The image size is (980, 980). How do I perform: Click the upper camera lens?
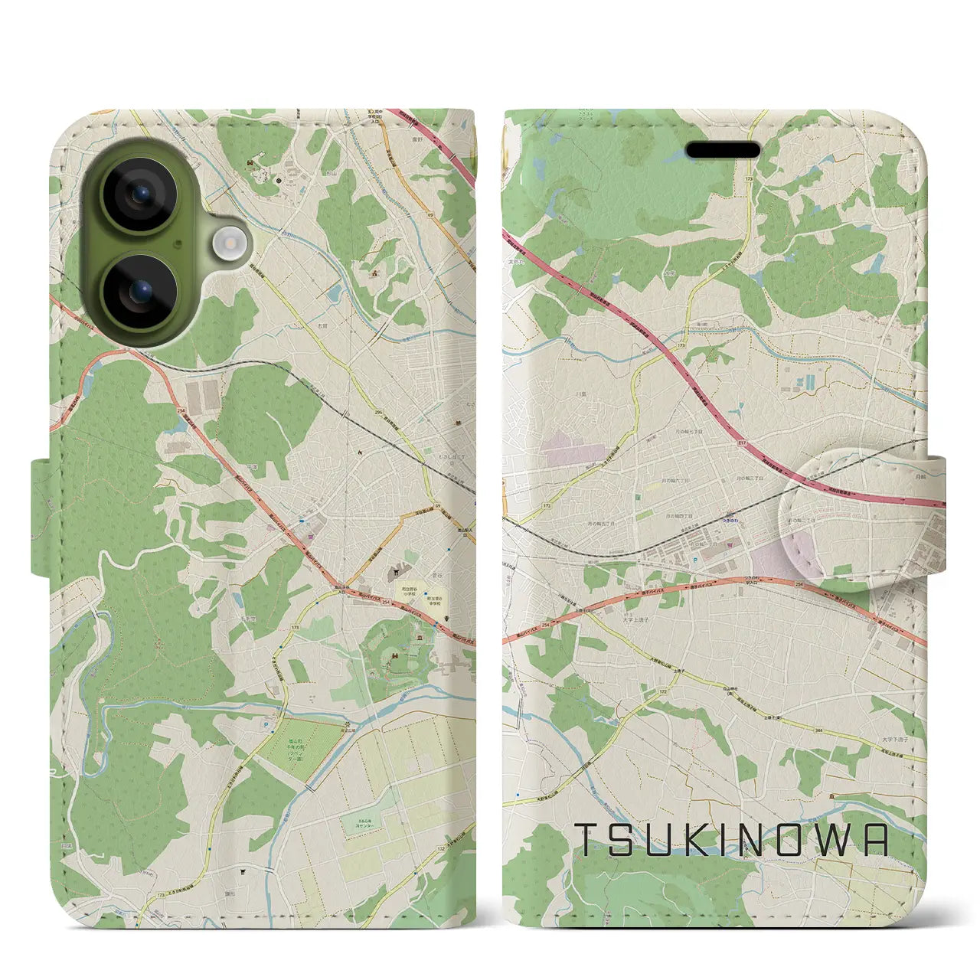139,196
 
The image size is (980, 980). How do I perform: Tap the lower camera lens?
139,292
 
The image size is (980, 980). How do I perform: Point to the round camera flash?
228,244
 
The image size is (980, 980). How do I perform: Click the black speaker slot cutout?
721,151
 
